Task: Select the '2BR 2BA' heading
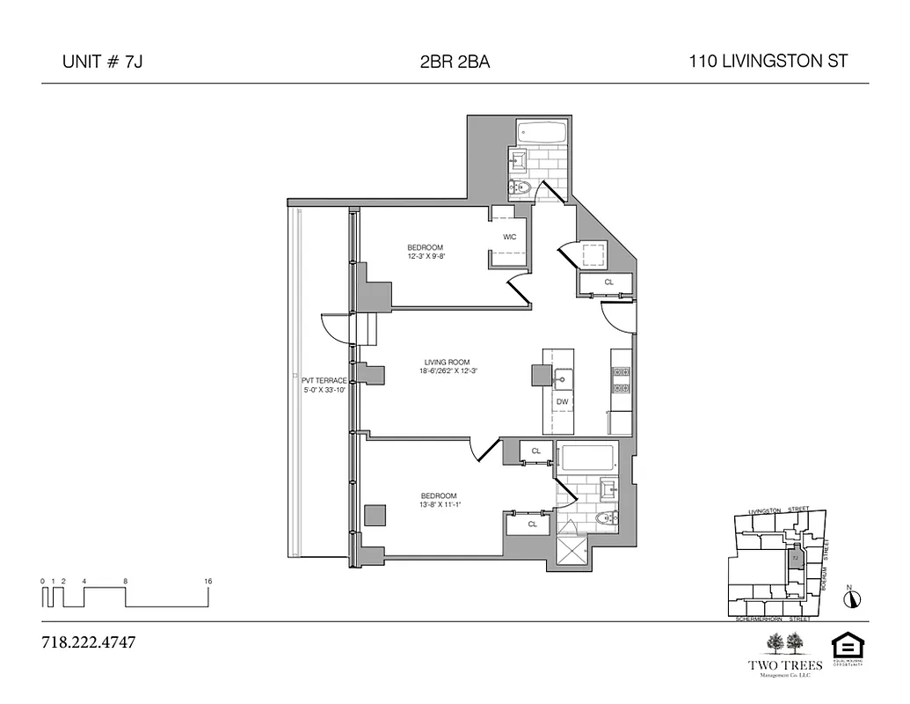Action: pos(455,62)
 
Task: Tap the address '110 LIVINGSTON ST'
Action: pos(768,62)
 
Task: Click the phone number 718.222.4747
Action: pos(89,642)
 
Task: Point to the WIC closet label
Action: pos(509,238)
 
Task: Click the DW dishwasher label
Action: pos(562,401)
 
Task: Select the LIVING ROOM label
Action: pos(447,362)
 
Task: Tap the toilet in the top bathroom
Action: pos(517,187)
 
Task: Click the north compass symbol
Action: pos(851,598)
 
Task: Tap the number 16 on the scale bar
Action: pos(207,582)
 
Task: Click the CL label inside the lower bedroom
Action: pos(532,524)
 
